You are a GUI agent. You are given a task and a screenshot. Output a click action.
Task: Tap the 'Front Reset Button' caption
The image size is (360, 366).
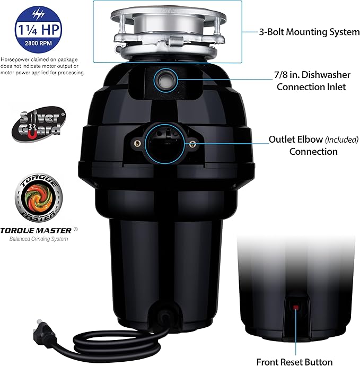click(x=294, y=362)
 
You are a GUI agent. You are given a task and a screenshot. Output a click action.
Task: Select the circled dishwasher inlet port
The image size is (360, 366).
click(x=164, y=81)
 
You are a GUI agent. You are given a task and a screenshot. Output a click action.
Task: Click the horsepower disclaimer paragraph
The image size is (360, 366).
click(x=42, y=66)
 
